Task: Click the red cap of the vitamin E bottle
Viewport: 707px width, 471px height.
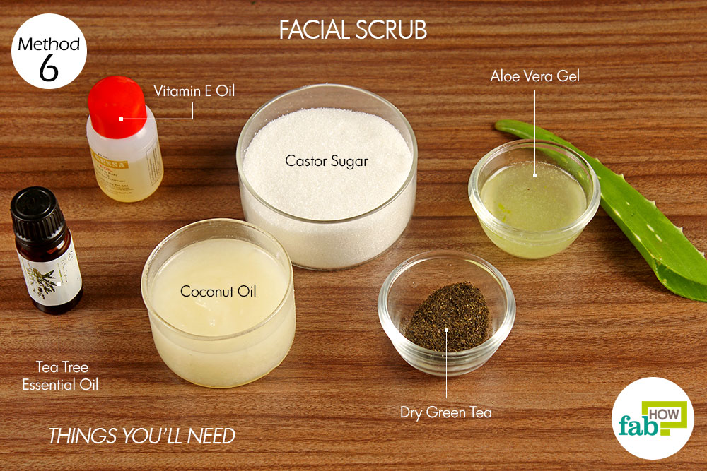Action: coord(117,107)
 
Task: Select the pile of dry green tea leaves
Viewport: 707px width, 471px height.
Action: coord(448,317)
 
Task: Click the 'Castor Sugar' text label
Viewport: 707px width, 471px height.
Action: coord(327,161)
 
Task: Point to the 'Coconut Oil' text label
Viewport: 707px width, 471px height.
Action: coord(218,292)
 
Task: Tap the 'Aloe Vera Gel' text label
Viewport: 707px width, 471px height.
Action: coord(534,76)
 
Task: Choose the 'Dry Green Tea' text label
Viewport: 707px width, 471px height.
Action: coord(446,412)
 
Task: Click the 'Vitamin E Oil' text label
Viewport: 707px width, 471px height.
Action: coord(194,91)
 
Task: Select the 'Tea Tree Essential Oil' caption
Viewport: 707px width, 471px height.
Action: coord(60,376)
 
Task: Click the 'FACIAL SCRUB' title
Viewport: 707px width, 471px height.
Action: coord(353,30)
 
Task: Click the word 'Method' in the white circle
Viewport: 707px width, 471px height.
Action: coord(49,44)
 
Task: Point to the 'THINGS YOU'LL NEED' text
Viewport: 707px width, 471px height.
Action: coord(141,436)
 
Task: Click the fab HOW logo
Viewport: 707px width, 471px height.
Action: coord(653,418)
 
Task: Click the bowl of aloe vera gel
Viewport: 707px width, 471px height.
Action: coord(534,198)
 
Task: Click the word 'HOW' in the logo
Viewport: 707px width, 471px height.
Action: coord(664,415)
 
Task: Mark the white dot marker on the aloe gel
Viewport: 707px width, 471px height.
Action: coord(534,176)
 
